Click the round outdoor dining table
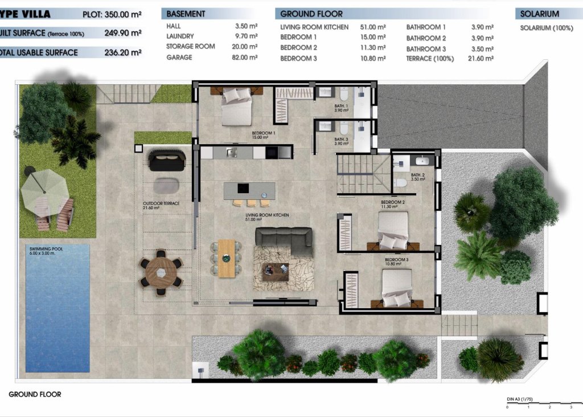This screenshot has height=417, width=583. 161,272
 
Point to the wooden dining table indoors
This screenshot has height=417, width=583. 227,258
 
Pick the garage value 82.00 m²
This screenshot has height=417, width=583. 246,58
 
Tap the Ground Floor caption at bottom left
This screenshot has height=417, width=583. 35,394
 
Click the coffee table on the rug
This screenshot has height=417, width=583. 276,270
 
